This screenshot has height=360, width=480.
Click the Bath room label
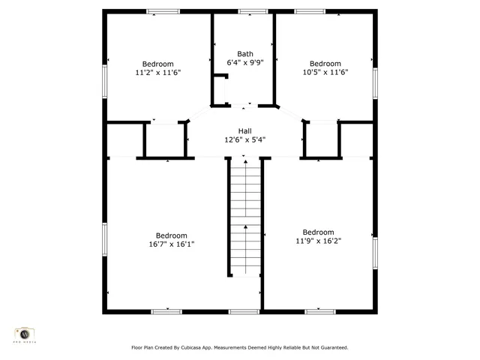click(245, 54)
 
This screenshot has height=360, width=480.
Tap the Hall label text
click(244, 130)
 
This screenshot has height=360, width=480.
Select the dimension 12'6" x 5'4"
click(244, 139)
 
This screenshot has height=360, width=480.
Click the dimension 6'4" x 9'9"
click(245, 63)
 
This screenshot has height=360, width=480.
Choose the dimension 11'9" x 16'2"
click(318, 241)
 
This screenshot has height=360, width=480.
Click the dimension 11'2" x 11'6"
click(157, 73)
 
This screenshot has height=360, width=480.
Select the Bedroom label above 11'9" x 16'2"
click(318, 232)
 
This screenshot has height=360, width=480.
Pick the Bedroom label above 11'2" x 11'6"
click(157, 64)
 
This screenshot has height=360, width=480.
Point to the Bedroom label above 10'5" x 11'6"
click(325, 63)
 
